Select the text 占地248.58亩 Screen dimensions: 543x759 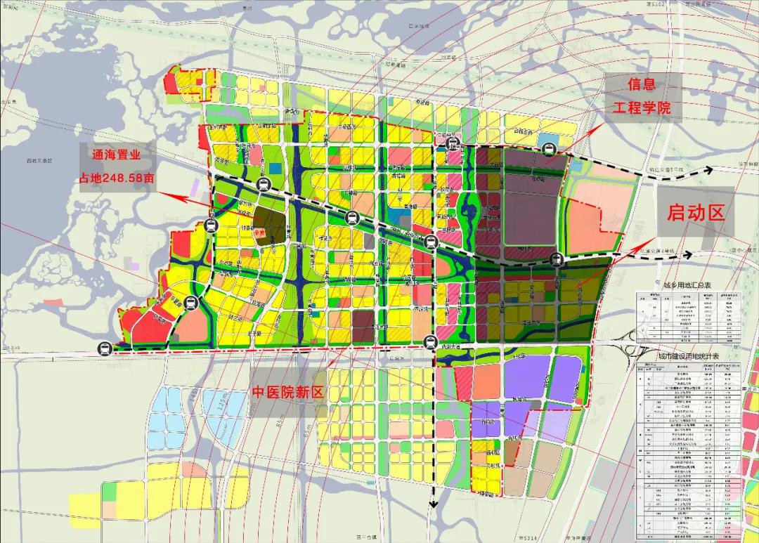click(x=117, y=178)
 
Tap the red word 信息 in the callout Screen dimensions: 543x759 click(x=641, y=84)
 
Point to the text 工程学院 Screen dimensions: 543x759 click(x=641, y=109)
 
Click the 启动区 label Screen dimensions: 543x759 click(x=695, y=213)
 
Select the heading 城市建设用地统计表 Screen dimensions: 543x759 click(x=689, y=356)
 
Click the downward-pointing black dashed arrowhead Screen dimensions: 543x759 click(x=433, y=503)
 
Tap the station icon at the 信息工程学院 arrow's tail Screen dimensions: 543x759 click(x=548, y=148)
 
